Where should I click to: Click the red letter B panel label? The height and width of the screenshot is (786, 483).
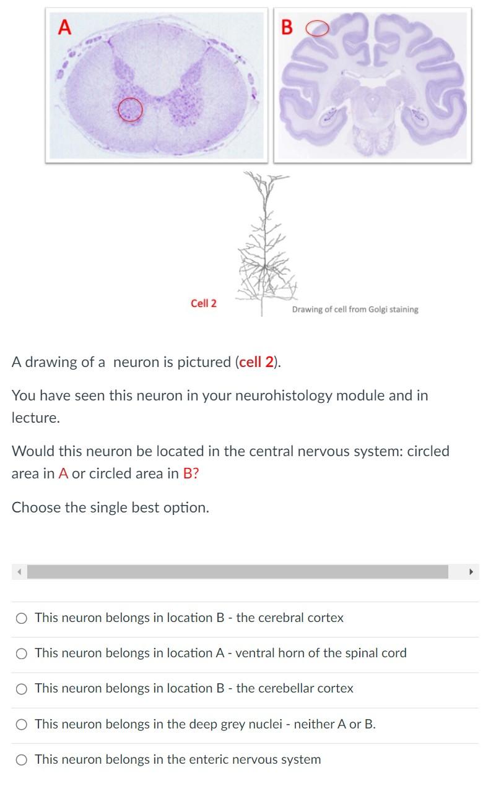coord(286,28)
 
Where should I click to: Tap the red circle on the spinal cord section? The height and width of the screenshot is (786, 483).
coord(130,110)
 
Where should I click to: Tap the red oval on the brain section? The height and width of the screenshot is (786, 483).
coord(317,28)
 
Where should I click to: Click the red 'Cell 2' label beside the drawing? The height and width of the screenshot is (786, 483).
coord(204,303)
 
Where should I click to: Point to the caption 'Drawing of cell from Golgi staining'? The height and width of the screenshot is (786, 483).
coord(355,309)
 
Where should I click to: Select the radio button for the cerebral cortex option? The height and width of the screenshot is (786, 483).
coord(22,618)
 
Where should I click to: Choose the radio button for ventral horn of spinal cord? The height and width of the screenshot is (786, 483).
coord(22,653)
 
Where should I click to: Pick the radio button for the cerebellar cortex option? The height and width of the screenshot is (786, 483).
coord(22,688)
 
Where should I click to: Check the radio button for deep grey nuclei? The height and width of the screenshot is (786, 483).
coord(22,724)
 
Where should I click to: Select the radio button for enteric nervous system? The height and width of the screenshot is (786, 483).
coord(22,759)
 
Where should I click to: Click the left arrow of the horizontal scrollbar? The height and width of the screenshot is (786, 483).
coord(19,571)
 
